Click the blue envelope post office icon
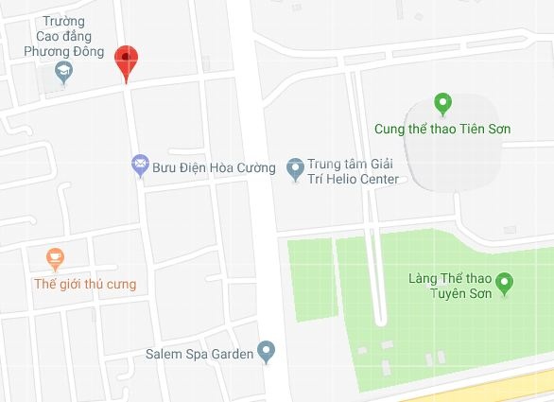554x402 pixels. pos(140,167)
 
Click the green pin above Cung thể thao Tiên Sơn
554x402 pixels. pos(441,103)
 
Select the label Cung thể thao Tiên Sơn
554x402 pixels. pos(441,129)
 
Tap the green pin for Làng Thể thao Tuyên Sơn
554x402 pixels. pos(504,282)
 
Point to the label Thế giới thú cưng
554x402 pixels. pos(84,284)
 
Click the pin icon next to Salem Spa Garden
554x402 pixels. pos(267,353)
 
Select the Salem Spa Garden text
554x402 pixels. pos(199,355)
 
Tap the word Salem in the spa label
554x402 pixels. pos(163,355)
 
